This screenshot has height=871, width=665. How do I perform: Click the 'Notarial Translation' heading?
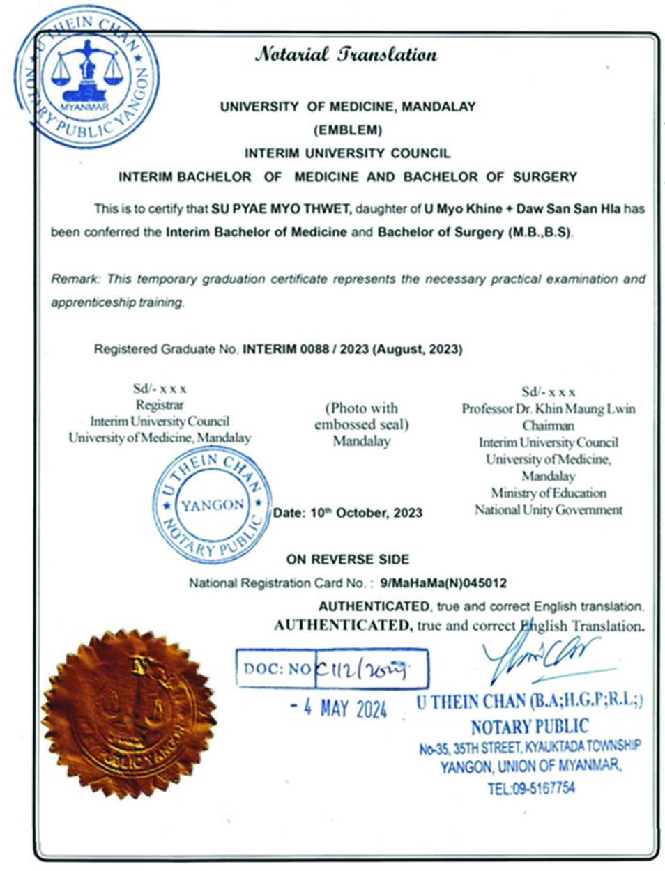pos(346,54)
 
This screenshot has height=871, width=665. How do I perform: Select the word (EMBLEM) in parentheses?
pos(348,130)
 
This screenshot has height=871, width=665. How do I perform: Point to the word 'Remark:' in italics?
pos(76,279)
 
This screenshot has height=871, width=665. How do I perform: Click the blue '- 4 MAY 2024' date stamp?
pos(339,709)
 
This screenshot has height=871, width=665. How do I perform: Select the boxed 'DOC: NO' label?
pos(276,669)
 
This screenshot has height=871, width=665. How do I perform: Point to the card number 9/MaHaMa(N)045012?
pos(441,583)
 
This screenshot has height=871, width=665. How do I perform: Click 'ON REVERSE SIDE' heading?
pos(347,559)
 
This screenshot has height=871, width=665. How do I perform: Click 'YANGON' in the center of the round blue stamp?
pos(213,504)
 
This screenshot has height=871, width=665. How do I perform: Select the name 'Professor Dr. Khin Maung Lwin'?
pos(549,408)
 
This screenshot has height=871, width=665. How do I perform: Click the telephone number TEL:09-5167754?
pos(531,788)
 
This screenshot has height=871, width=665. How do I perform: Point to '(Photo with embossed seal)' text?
pos(361,416)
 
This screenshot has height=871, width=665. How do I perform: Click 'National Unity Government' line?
pos(549,510)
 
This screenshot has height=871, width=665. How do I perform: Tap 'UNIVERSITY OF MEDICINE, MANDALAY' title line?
pos(348,107)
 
